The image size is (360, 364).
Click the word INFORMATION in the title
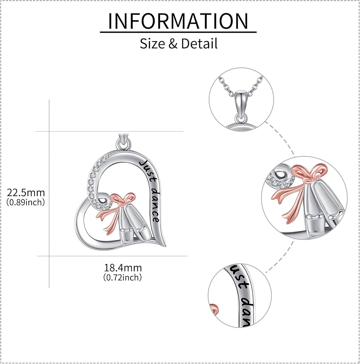point(178,21)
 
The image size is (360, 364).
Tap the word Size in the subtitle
point(153,44)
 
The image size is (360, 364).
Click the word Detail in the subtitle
point(200,44)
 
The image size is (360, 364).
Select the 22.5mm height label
point(25,192)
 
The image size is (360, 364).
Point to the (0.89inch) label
point(25,202)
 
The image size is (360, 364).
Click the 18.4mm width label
point(123,268)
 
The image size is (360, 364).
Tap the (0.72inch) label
point(123,277)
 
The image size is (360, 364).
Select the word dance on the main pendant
point(155,206)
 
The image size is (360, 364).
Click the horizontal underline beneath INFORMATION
point(178,32)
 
